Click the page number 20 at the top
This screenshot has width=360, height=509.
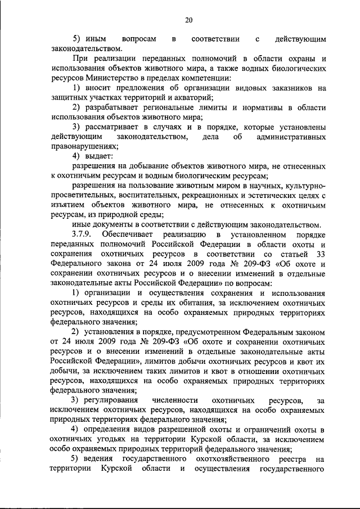(x=188, y=21)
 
